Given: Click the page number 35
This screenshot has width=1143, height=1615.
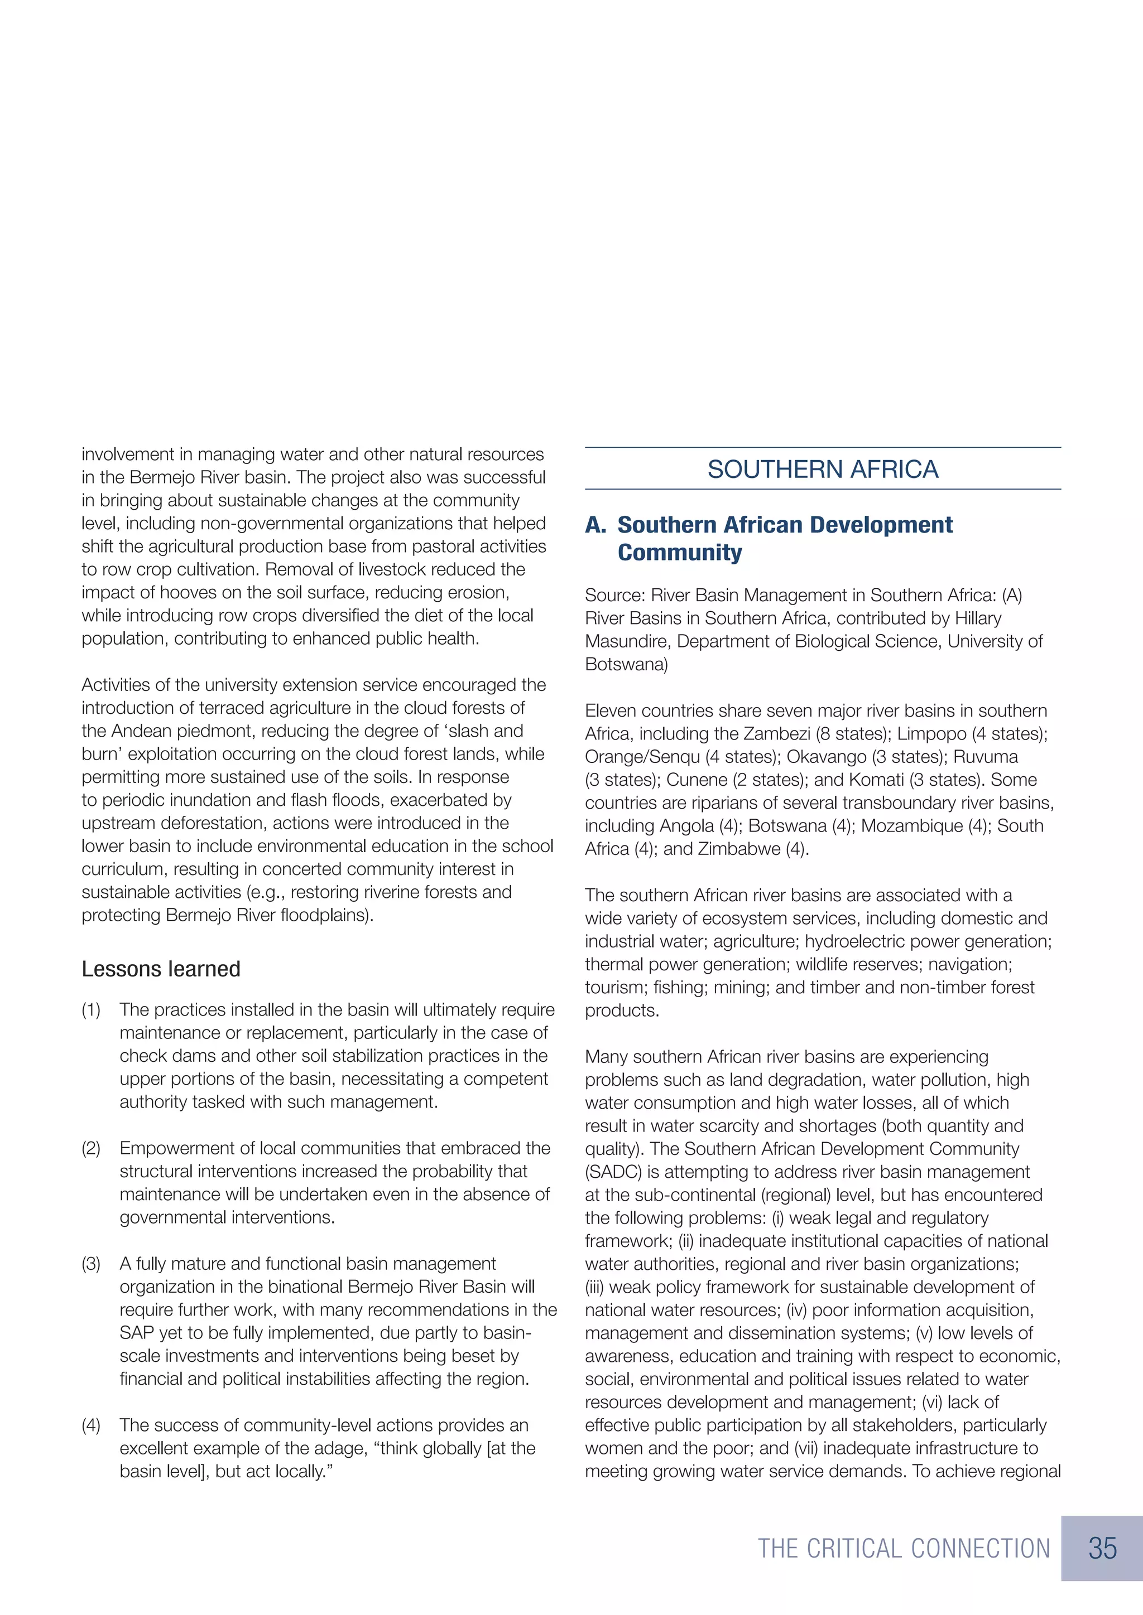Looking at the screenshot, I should point(1102,1548).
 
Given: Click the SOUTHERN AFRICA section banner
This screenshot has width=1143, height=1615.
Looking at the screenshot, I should point(822,469).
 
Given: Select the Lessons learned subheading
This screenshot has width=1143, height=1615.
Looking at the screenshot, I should point(161,969).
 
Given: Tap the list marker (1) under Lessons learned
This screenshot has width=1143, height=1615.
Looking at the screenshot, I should point(92,1010).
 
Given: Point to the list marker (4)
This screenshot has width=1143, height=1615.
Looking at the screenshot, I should point(92,1425).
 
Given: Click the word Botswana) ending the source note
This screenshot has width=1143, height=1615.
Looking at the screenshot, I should point(626,665).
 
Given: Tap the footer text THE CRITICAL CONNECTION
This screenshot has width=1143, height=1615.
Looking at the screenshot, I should point(904,1549).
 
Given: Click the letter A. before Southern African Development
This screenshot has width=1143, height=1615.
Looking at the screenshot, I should point(595,525).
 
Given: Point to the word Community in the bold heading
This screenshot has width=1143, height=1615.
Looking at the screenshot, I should point(679,553).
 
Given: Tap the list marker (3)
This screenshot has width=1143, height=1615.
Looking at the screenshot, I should point(92,1264).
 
